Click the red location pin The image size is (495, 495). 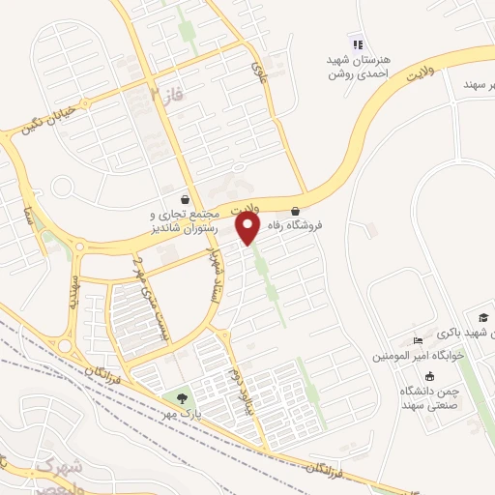[x=248, y=228]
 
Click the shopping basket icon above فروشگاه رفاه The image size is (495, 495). [x=295, y=211]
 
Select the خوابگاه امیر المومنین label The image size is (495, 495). [x=420, y=356]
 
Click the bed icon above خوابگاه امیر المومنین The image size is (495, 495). [x=418, y=340]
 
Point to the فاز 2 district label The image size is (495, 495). [x=165, y=96]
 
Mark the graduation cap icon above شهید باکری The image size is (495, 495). [x=481, y=318]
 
